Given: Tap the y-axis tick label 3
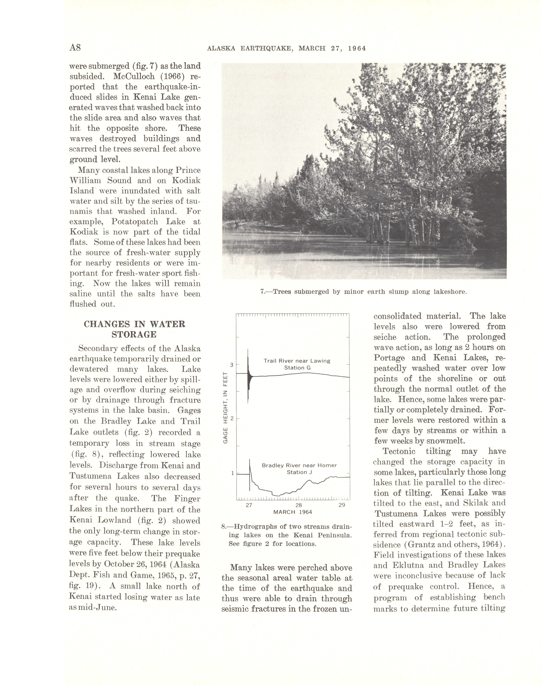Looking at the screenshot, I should point(232,365).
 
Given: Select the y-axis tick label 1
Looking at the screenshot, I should point(232,473).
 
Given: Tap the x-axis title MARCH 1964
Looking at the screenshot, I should point(293,512).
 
